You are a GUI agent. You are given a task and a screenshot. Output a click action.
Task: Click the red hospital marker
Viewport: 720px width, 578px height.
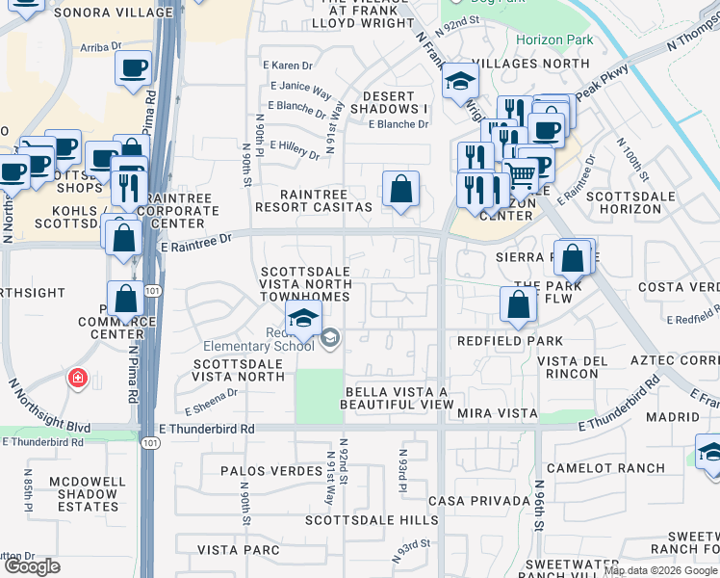pos(76,379)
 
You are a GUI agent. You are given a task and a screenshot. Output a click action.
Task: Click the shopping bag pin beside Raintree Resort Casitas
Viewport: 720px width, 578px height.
pos(399,189)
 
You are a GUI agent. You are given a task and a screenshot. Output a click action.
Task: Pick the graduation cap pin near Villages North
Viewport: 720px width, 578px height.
pos(460,82)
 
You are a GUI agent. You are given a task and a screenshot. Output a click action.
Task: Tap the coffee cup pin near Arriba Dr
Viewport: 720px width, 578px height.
pos(133,68)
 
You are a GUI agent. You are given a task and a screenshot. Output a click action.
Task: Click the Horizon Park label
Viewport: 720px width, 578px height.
pos(554,40)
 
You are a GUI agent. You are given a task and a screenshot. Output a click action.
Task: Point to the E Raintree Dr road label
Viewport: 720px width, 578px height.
pos(197,247)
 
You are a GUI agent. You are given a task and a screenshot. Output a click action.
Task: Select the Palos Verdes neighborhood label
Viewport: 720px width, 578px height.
pos(270,471)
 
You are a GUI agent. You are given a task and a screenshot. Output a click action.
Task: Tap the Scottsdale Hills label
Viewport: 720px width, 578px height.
pos(372,520)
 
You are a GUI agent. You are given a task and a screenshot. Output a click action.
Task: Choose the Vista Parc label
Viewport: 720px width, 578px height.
pos(238,549)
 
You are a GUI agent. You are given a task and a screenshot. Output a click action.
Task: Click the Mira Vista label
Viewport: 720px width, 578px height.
pos(501,412)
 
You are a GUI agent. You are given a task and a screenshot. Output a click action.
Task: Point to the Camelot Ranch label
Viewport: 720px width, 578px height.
pos(593,468)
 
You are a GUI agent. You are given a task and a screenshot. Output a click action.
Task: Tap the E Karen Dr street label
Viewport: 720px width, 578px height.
pos(288,66)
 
